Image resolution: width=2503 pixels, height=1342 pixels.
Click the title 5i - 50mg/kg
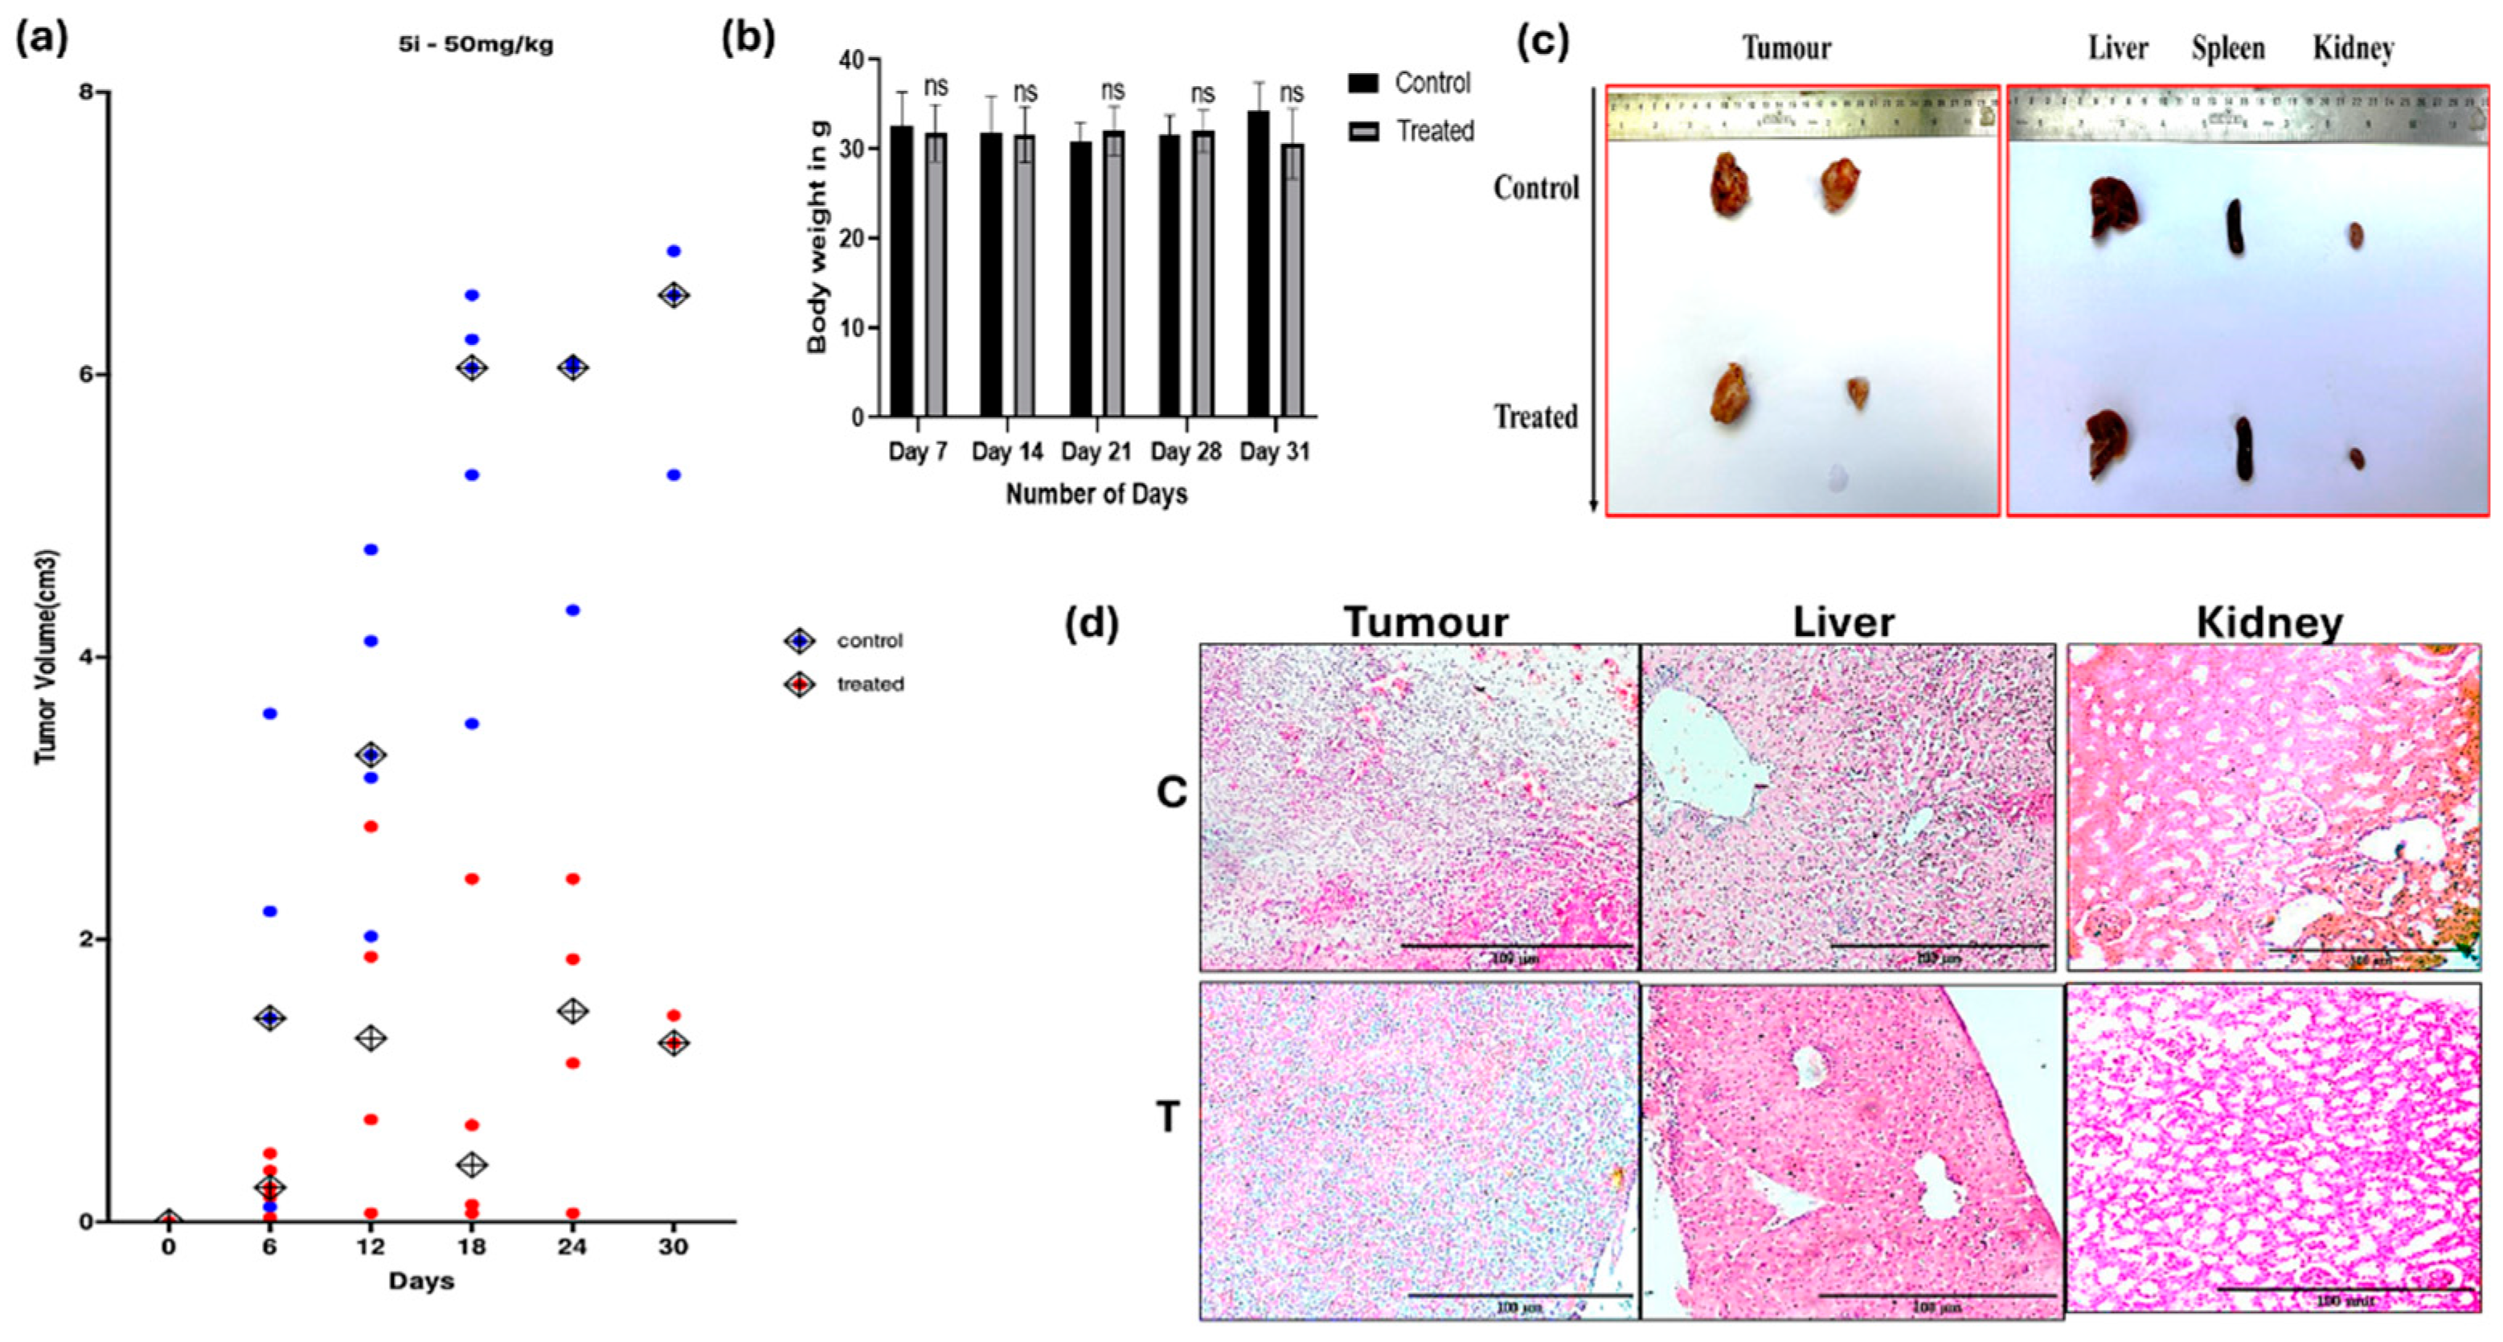(475, 46)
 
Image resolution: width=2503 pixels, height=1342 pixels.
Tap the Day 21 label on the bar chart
(1095, 452)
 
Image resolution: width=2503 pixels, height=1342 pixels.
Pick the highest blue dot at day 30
(674, 251)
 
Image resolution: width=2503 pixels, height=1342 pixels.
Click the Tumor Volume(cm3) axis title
(46, 657)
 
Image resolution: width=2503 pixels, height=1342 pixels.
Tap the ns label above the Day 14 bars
(1026, 92)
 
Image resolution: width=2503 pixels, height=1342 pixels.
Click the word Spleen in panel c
(2228, 48)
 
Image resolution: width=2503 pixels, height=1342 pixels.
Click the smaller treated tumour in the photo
(1858, 392)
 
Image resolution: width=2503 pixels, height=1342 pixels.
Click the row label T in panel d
(1167, 1118)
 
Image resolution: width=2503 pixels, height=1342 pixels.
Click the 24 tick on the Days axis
(572, 1247)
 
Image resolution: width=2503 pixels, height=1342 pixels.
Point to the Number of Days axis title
(1096, 495)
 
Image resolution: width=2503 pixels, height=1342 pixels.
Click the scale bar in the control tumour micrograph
(1517, 945)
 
